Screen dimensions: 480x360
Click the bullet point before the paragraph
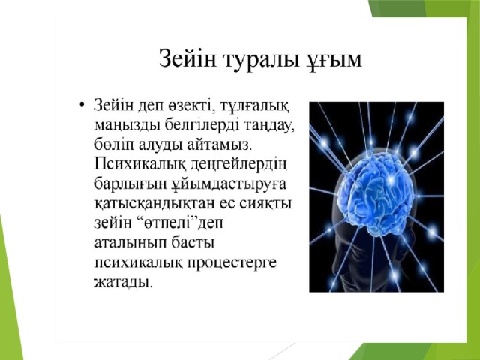coord(81,106)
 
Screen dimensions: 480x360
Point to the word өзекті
coord(190,106)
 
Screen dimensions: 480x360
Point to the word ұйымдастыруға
coord(228,185)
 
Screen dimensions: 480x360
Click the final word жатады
coord(123,282)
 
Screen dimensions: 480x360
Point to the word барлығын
coord(130,184)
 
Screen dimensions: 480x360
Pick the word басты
coord(193,243)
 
